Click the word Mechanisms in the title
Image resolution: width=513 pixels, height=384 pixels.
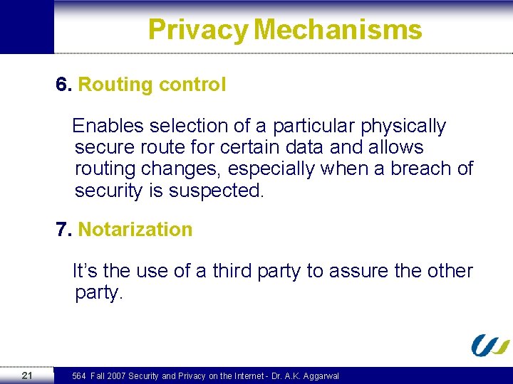click(x=338, y=30)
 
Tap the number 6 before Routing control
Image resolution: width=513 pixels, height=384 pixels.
click(x=63, y=85)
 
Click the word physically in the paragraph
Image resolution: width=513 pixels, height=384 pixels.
click(x=403, y=127)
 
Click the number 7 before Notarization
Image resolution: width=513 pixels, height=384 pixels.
click(x=63, y=230)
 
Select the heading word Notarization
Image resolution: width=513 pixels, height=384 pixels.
click(x=135, y=230)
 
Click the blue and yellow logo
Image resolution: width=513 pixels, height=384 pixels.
click(x=489, y=345)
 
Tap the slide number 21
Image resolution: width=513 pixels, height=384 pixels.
click(x=26, y=375)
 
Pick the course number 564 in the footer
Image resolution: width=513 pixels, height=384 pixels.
click(x=79, y=375)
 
